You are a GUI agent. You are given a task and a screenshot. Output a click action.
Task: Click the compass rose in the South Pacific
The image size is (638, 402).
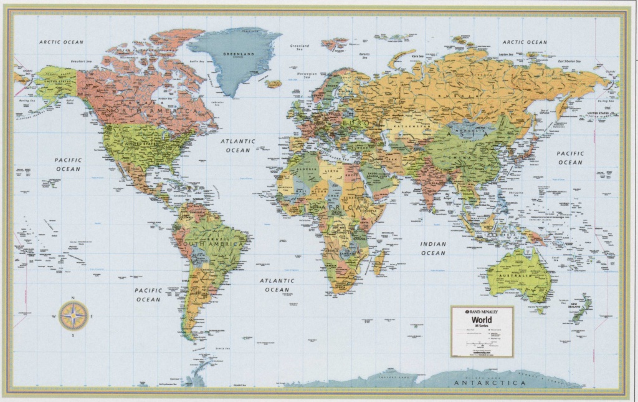[74, 316]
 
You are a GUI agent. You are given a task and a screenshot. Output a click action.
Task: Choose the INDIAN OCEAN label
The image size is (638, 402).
[433, 248]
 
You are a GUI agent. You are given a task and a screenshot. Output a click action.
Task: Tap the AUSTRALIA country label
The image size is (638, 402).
[519, 275]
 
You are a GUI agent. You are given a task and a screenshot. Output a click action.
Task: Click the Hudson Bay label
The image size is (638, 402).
[165, 98]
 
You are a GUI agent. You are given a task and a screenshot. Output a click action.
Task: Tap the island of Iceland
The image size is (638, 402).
[274, 83]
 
